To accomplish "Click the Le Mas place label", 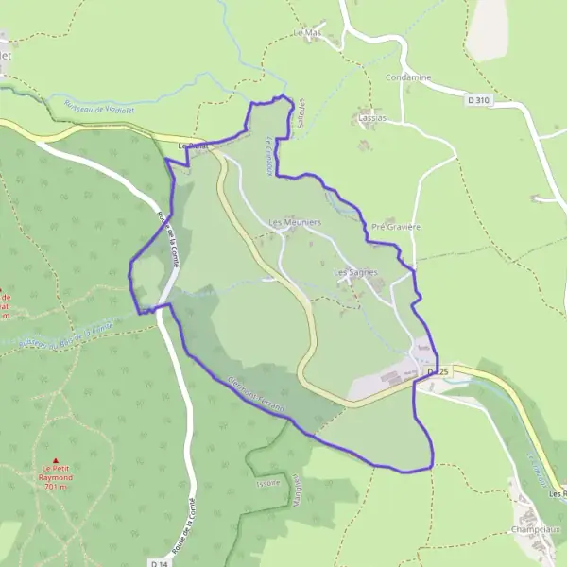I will coord(307,33).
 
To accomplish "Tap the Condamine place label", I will coord(408,77).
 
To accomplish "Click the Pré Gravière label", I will coord(395,228).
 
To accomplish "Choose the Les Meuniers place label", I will coord(295,223).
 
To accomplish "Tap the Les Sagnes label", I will coord(355,272).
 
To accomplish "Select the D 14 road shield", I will coord(158,561).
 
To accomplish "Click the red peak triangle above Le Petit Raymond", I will coord(55,460).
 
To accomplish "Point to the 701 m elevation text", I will coord(55,487).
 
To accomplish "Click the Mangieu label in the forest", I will coord(296,488).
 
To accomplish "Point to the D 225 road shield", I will coord(436,373).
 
